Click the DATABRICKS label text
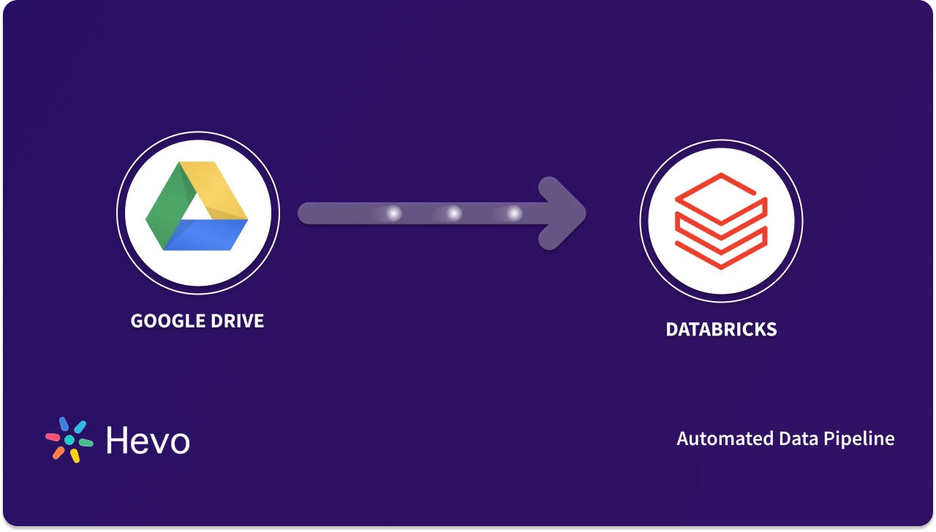(721, 330)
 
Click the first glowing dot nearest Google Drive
(393, 213)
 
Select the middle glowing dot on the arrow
(454, 213)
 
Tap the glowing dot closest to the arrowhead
(514, 213)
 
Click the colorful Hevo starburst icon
(69, 440)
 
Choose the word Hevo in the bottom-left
(148, 441)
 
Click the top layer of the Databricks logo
(720, 191)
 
